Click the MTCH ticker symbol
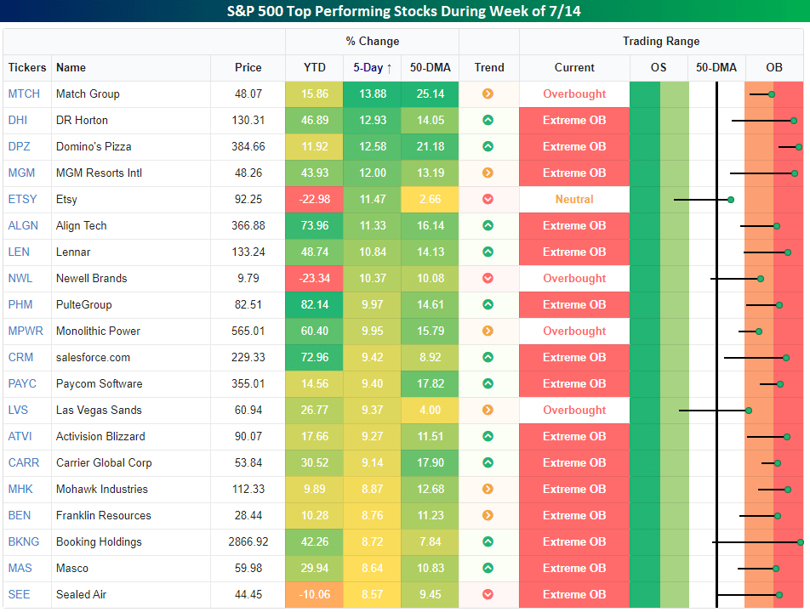coord(24,94)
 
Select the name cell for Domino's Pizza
coord(94,147)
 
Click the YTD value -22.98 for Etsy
coord(314,200)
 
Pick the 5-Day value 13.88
coord(371,94)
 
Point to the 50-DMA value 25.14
coord(430,94)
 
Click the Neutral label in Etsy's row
coord(574,200)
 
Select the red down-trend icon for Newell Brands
coord(488,279)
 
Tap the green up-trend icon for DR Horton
coord(488,121)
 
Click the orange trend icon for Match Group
coord(488,94)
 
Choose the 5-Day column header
coord(373,68)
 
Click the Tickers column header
coord(27,68)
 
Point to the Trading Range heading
coord(661,42)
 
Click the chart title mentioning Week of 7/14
coord(405,12)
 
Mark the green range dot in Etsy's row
coord(730,200)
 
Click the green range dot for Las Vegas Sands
coord(749,411)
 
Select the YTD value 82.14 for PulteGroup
coord(314,305)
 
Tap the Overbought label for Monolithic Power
coord(574,331)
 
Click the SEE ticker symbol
coord(19,595)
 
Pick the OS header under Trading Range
coord(659,68)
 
